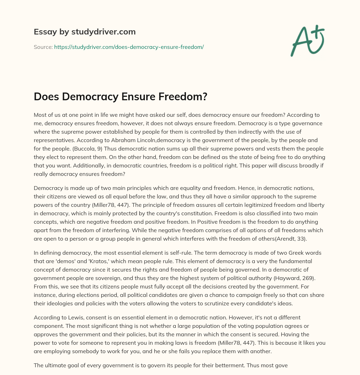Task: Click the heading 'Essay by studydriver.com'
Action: click(85, 32)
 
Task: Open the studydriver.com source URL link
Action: click(129, 47)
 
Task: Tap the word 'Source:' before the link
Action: click(43, 47)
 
